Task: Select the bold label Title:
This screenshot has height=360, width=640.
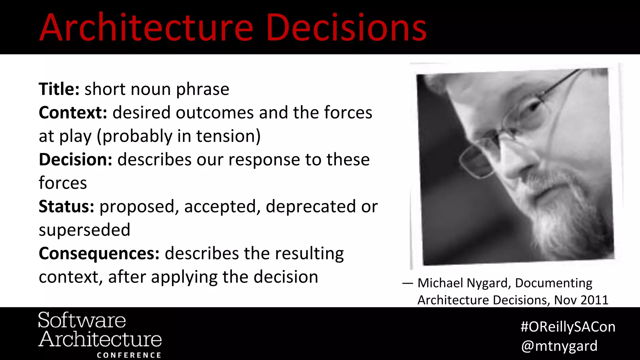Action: click(x=59, y=89)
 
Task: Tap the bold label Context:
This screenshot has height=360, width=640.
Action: click(x=73, y=112)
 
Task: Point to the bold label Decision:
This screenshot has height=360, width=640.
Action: click(x=75, y=160)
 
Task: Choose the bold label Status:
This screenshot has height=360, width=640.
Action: click(x=66, y=207)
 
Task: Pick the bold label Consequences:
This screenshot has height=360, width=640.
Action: click(x=99, y=253)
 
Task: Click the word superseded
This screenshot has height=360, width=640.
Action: click(x=84, y=230)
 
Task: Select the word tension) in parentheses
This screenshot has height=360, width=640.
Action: click(x=228, y=136)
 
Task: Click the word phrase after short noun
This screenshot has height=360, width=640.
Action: click(x=202, y=89)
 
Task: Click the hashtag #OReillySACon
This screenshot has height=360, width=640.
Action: click(x=568, y=327)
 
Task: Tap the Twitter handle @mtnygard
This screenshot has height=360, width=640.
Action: click(x=559, y=346)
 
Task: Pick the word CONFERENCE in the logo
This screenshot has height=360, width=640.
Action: click(x=129, y=355)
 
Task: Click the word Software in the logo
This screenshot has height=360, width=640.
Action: click(x=82, y=320)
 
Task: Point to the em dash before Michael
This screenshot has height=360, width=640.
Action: click(x=407, y=283)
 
